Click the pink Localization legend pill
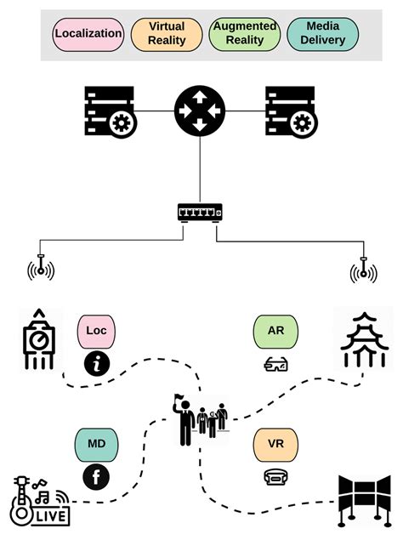click(88, 34)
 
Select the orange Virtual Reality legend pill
click(166, 34)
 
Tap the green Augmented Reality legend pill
click(245, 34)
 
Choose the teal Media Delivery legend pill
click(323, 34)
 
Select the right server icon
click(290, 111)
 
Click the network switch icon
click(201, 211)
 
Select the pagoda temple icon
click(363, 341)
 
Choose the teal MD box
click(97, 443)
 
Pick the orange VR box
click(275, 444)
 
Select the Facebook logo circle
click(96, 478)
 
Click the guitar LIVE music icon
click(39, 501)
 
